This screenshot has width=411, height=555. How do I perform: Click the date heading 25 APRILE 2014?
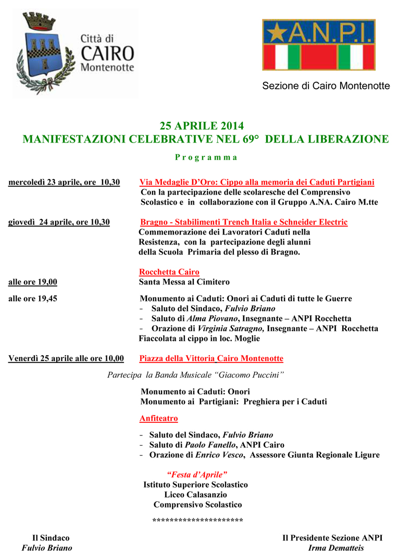[202, 126]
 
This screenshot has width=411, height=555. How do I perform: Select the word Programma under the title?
[206, 157]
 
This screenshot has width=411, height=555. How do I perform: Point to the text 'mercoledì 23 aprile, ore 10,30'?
[64, 182]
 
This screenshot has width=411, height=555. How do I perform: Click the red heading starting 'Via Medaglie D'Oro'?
[257, 182]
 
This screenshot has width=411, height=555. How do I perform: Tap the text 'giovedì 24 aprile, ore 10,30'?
[59, 222]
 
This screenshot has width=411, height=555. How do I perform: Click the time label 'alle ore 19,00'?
[33, 282]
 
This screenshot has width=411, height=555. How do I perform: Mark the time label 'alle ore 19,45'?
[33, 299]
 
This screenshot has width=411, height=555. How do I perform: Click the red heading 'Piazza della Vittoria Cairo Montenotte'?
[211, 358]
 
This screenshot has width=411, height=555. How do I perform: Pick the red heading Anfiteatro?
[159, 418]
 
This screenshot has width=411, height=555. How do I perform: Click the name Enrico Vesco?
[219, 455]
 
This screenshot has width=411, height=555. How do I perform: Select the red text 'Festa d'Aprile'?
[196, 474]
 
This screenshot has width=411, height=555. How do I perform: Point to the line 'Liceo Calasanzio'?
[195, 495]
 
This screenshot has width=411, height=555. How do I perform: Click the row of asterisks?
[197, 520]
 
